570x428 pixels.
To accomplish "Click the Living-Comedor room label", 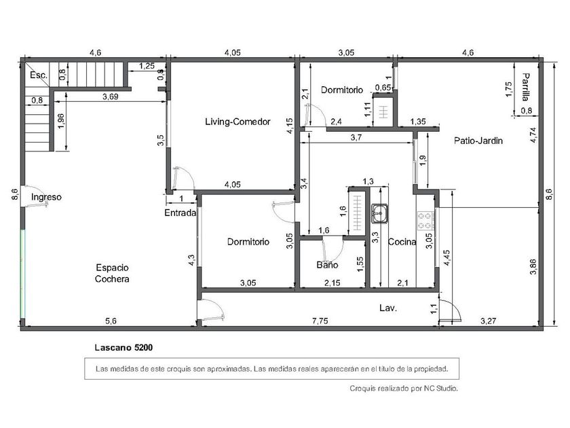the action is (237, 122).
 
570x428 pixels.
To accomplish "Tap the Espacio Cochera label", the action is (113, 273).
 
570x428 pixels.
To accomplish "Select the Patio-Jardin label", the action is (478, 141).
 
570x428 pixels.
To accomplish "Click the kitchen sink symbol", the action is (379, 213).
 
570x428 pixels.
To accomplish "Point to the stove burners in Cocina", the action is (424, 221).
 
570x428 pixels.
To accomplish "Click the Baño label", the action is (327, 265).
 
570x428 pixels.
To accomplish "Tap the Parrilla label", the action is (525, 87).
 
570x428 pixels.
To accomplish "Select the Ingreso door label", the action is (46, 197).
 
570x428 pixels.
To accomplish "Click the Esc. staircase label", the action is (39, 75).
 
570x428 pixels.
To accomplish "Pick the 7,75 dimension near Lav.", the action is (320, 321).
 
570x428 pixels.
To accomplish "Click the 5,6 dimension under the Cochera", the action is (111, 321).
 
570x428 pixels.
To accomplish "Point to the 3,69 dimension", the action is (110, 96).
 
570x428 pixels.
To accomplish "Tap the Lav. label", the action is (388, 308).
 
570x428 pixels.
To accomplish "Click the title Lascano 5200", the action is (123, 348).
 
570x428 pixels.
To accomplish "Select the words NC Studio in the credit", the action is (440, 389).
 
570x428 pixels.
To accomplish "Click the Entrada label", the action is (180, 213).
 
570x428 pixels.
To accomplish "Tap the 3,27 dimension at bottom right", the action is (488, 321).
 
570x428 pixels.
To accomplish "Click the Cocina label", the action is (402, 242).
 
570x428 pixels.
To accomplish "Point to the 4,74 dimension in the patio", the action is (533, 135).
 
